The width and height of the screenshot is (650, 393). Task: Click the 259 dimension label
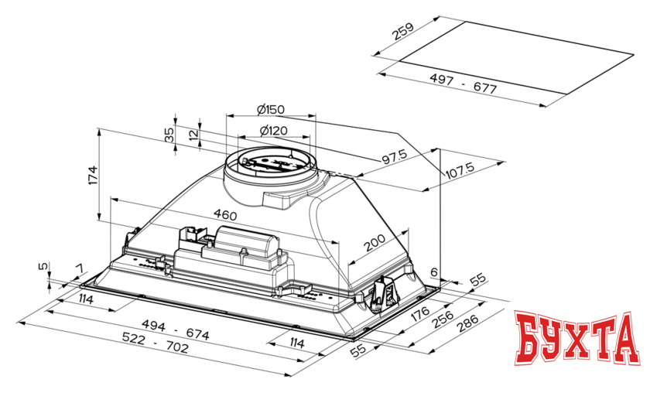point(403,31)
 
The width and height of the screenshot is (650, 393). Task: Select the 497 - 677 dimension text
point(463,83)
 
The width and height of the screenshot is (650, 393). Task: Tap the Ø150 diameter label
point(271,110)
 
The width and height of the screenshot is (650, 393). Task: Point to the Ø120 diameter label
point(273,131)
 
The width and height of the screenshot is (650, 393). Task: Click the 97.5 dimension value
point(394,157)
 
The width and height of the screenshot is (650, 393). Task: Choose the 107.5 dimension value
point(460,170)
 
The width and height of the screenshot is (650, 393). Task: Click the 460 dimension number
point(225,215)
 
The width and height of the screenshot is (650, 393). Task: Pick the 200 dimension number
point(375,243)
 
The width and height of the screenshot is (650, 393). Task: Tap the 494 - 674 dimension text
point(176,329)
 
